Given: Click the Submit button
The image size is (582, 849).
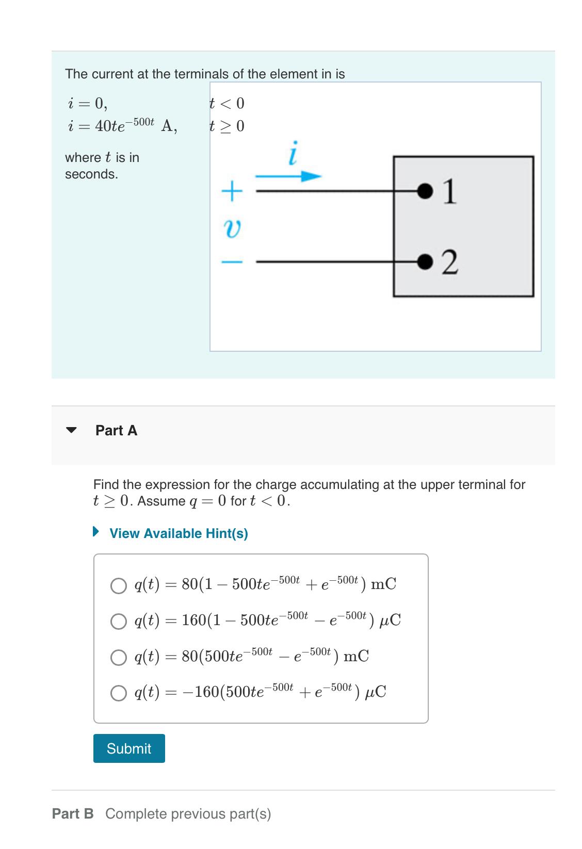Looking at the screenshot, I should (129, 748).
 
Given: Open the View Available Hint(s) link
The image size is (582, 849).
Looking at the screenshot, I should (179, 533).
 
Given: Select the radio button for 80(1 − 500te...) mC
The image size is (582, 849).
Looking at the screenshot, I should (119, 585).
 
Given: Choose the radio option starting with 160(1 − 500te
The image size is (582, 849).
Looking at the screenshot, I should (119, 621).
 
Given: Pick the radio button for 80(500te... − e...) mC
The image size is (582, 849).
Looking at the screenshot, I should (119, 657).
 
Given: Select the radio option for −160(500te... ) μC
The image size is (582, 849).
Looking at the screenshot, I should (119, 693).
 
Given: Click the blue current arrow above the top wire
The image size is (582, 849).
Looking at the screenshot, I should (289, 176).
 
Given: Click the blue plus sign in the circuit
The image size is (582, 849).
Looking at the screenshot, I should (232, 191).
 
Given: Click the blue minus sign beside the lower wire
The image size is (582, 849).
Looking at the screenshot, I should (232, 263).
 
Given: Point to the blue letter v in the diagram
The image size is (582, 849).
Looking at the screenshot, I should (232, 227).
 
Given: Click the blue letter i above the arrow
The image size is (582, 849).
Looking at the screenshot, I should (293, 153).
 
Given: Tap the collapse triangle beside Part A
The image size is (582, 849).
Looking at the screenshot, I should (72, 430).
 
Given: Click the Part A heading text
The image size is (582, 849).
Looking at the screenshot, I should (117, 430).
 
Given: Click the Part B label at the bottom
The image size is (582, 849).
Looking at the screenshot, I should (73, 813).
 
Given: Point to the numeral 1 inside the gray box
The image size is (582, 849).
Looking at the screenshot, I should (450, 191).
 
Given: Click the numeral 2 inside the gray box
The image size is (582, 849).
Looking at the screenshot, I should (450, 263).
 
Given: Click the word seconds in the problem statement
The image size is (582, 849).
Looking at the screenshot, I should (91, 174).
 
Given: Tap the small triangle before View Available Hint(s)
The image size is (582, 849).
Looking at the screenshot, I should (95, 531).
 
